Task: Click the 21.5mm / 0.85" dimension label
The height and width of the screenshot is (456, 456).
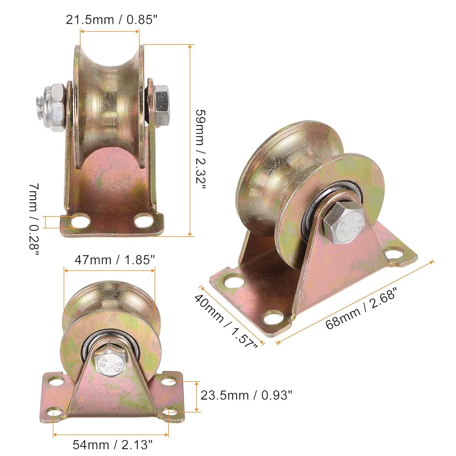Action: [109, 20]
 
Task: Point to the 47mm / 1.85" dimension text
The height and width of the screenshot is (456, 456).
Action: [109, 259]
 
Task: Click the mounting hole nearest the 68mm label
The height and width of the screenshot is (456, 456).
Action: [274, 316]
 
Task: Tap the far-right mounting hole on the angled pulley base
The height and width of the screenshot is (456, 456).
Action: [393, 254]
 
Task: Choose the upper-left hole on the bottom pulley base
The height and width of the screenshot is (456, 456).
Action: [55, 380]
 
